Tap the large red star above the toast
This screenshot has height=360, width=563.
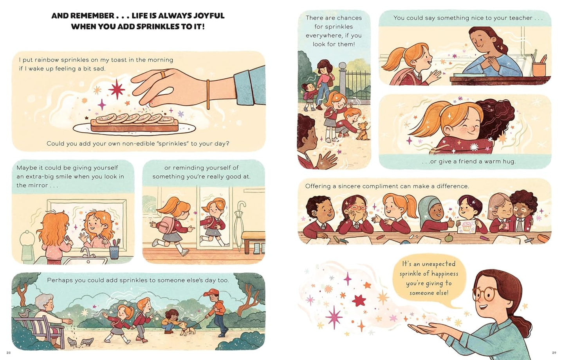117,89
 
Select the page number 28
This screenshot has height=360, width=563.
9,353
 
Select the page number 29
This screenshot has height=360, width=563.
554,353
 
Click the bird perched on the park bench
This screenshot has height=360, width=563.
25,313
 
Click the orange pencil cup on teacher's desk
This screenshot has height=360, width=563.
539,69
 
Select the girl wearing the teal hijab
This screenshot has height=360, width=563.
430,213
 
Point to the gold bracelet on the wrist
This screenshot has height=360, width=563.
208,94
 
